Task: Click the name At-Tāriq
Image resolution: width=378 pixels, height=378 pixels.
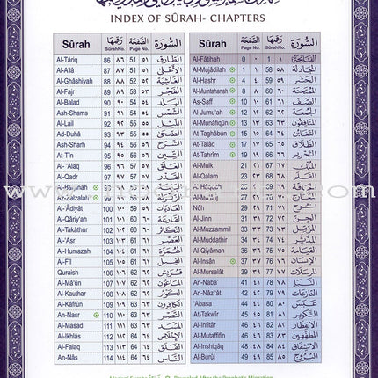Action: (x=68, y=58)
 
